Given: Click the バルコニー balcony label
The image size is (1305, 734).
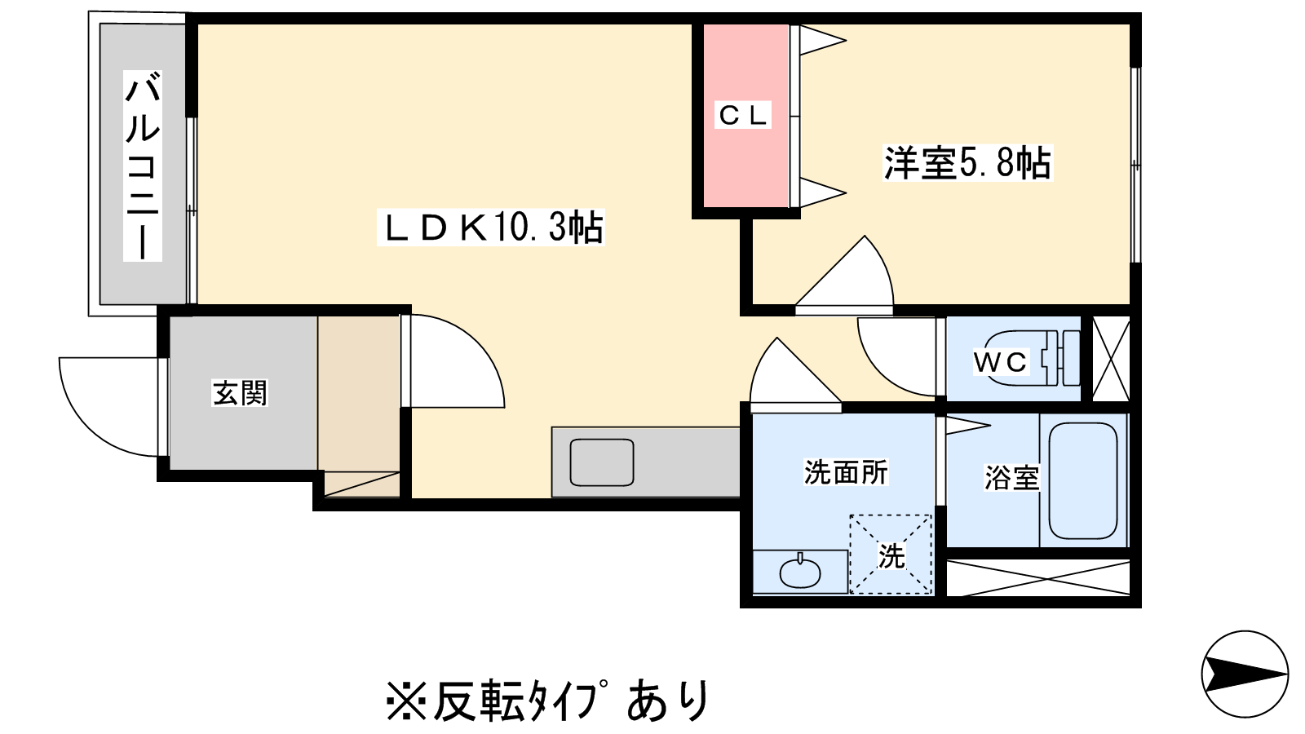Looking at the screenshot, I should coord(143,166).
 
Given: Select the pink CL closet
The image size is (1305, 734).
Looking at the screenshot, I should coord(742,115).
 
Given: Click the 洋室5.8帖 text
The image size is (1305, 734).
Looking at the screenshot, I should coord(967,162).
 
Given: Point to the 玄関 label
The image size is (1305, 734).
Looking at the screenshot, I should coord(240,392).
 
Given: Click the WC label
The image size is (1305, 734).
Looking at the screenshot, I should coord(1001,361).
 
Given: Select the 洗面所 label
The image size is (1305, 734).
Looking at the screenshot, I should coord(845,472).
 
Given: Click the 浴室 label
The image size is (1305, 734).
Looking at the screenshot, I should coord(1011,477).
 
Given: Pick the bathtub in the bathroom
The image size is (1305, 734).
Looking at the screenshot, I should coord(1082,480).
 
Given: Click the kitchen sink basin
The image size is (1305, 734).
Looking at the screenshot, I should coord(602,462).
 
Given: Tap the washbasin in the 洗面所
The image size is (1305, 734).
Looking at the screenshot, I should coord(800,573).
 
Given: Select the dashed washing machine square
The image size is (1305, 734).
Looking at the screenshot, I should coord(891,555).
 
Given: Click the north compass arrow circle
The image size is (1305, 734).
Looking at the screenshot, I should coord(1245,674).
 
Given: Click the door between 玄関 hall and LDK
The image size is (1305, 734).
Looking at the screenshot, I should coord(453,363).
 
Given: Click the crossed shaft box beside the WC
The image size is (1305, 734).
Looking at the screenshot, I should coord(1111,359).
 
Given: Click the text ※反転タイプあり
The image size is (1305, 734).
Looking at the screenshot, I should coord(548,700).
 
